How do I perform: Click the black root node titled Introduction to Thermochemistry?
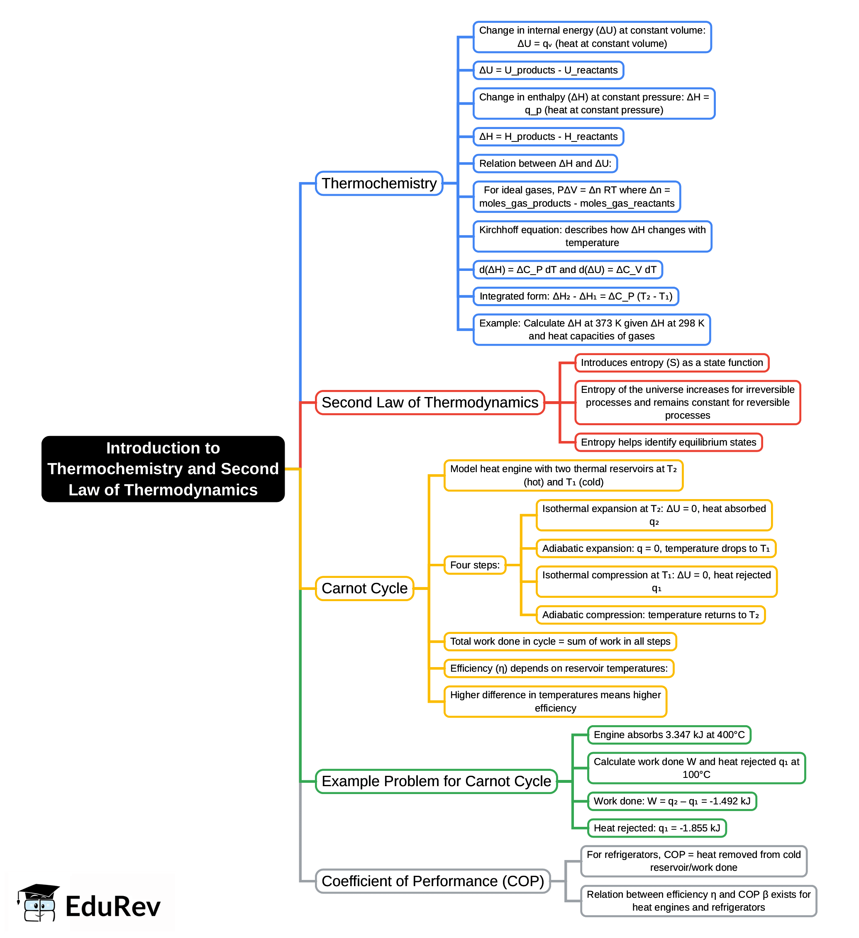pyautogui.click(x=163, y=468)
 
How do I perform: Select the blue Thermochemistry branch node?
pyautogui.click(x=379, y=183)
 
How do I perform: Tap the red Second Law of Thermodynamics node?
pyautogui.click(x=429, y=402)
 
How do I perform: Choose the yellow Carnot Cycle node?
pyautogui.click(x=364, y=588)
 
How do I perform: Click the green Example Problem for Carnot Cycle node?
pyautogui.click(x=436, y=781)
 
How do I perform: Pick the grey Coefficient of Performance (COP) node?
pyautogui.click(x=432, y=881)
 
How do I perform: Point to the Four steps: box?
pyautogui.click(x=475, y=565)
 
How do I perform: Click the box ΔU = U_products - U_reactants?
pyautogui.click(x=548, y=70)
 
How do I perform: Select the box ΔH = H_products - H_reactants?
pyautogui.click(x=548, y=137)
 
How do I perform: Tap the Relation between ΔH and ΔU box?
pyautogui.click(x=545, y=163)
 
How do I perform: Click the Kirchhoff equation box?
pyautogui.click(x=592, y=236)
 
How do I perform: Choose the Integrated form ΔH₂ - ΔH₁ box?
pyautogui.click(x=576, y=296)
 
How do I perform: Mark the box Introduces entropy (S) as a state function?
pyautogui.click(x=671, y=363)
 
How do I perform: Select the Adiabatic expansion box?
pyautogui.click(x=656, y=548)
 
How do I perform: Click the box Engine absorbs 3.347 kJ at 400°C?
pyautogui.click(x=669, y=735)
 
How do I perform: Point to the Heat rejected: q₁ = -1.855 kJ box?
pyautogui.click(x=656, y=828)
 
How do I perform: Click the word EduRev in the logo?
pyautogui.click(x=112, y=906)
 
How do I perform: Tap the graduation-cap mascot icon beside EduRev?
pyautogui.click(x=38, y=902)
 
